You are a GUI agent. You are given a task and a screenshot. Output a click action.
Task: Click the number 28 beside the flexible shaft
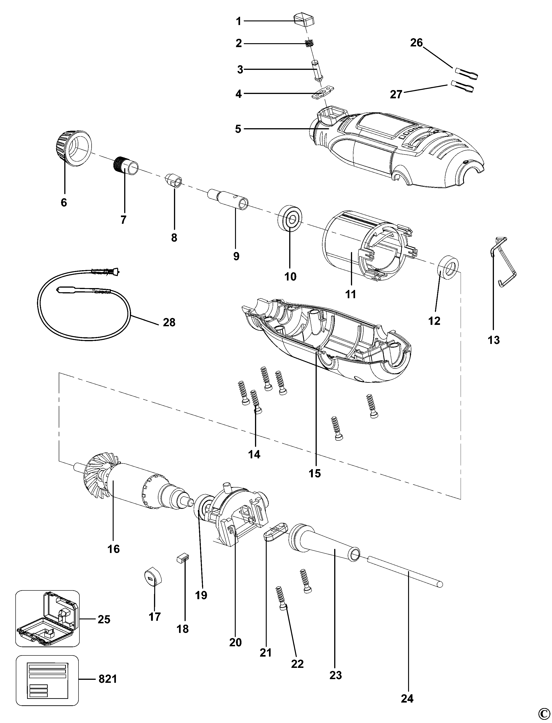click(169, 322)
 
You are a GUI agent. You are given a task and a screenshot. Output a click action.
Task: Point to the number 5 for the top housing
click(238, 129)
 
